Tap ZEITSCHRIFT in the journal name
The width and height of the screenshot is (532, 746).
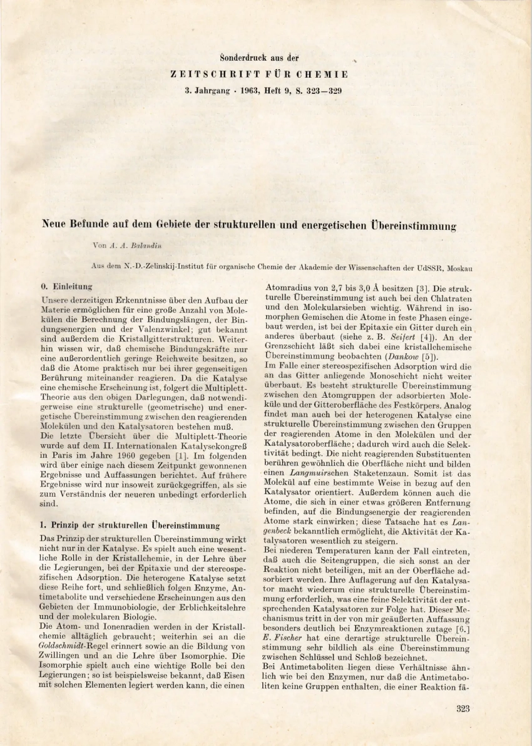coord(205,74)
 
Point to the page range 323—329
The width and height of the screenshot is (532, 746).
coord(320,90)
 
